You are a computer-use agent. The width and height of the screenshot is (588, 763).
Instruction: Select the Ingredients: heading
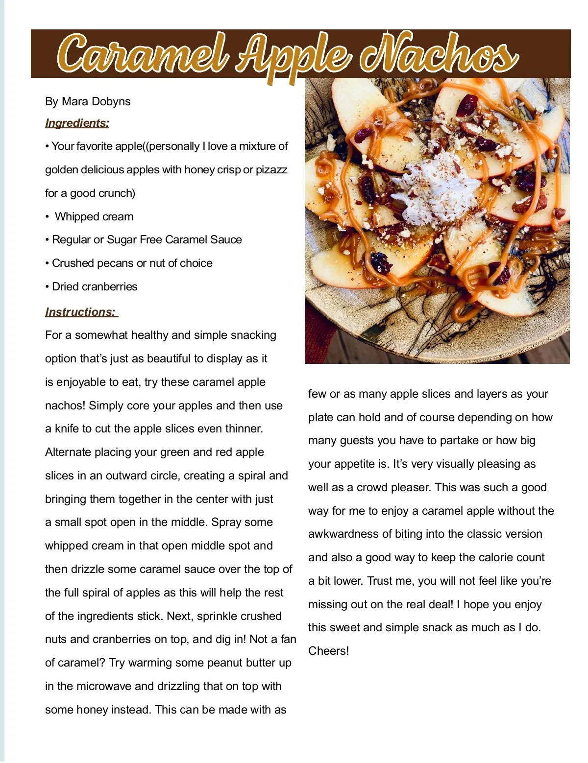(77, 123)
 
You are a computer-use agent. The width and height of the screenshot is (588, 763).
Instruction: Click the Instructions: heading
(81, 312)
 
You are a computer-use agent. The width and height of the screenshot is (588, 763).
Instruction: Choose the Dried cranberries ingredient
(95, 286)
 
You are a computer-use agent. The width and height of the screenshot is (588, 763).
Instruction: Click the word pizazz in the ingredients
(271, 169)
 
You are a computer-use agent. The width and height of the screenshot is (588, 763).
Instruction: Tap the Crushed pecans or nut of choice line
(132, 263)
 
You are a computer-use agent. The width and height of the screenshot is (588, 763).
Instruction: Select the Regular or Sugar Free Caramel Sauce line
(147, 239)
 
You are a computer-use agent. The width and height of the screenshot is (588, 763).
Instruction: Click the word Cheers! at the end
(328, 651)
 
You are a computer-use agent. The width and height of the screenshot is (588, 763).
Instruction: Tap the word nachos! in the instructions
(65, 405)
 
